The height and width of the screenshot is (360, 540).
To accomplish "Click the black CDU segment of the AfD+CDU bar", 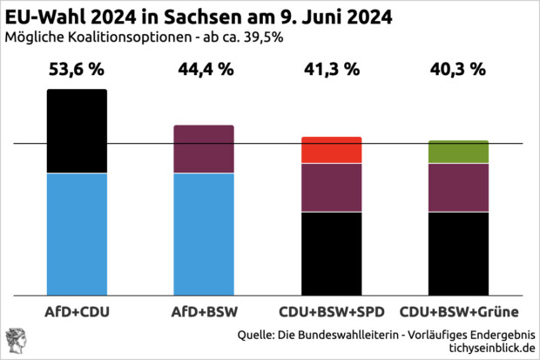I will (x=77, y=131).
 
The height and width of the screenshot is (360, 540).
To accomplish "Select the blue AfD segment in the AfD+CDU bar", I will (x=77, y=234).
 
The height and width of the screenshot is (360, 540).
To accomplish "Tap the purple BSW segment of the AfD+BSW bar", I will (x=204, y=149).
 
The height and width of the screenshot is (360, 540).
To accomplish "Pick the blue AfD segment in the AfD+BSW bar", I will (x=204, y=234).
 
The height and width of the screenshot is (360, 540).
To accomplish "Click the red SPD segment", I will (x=331, y=150).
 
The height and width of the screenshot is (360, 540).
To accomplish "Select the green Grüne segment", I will (x=458, y=152).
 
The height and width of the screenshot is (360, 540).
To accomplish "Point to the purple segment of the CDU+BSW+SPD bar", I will (x=331, y=187).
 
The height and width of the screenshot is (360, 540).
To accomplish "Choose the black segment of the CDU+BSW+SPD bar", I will (x=331, y=253).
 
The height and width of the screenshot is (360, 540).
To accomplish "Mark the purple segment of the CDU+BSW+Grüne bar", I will (x=458, y=187).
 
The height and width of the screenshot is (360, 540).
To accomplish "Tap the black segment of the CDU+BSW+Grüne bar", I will (x=458, y=253).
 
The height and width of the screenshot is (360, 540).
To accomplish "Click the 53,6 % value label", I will (x=77, y=71).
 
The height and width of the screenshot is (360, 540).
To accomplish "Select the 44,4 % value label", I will (x=204, y=71).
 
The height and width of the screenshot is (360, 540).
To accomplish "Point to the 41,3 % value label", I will (x=331, y=71).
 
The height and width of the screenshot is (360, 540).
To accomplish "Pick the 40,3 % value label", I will (x=458, y=71).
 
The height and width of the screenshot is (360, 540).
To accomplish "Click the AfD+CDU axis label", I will (x=77, y=311).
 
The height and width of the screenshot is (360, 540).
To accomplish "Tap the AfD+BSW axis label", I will (x=204, y=311).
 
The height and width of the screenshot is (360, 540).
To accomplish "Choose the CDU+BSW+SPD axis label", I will (x=331, y=311).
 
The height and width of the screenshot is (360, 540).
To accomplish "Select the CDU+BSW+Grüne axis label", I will (x=458, y=311).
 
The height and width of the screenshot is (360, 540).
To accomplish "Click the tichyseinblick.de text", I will (x=487, y=348).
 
